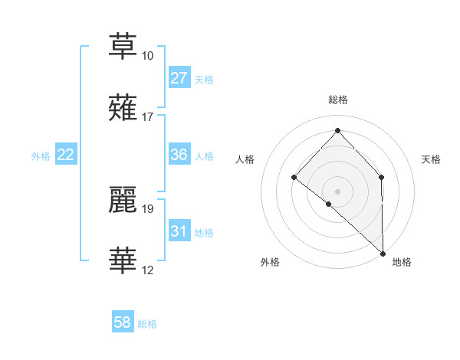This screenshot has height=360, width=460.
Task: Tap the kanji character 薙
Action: click(123, 107)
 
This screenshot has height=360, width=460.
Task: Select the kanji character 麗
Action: click(123, 198)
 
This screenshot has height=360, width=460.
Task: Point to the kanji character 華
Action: click(123, 260)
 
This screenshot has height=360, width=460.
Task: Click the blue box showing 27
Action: click(179, 77)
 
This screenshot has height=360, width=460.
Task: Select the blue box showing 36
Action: click(179, 155)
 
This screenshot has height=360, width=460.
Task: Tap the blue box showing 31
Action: click(179, 231)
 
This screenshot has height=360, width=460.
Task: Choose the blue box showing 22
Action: click(66, 155)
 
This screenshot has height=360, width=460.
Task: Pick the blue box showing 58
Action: click(123, 322)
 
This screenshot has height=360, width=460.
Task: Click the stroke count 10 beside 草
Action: click(147, 57)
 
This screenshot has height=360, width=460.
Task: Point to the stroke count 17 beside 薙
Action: click(147, 118)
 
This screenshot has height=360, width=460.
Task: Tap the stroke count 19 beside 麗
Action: click(147, 209)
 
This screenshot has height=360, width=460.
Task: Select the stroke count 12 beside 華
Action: click(147, 270)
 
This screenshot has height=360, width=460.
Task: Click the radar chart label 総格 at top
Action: click(337, 100)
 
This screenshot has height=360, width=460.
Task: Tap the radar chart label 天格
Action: click(432, 159)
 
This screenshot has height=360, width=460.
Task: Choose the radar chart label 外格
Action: click(270, 262)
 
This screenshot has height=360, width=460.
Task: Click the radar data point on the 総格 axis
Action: click(337, 131)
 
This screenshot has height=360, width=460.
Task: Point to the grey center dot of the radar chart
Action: click(337, 191)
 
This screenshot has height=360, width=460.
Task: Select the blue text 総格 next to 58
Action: click(147, 323)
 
